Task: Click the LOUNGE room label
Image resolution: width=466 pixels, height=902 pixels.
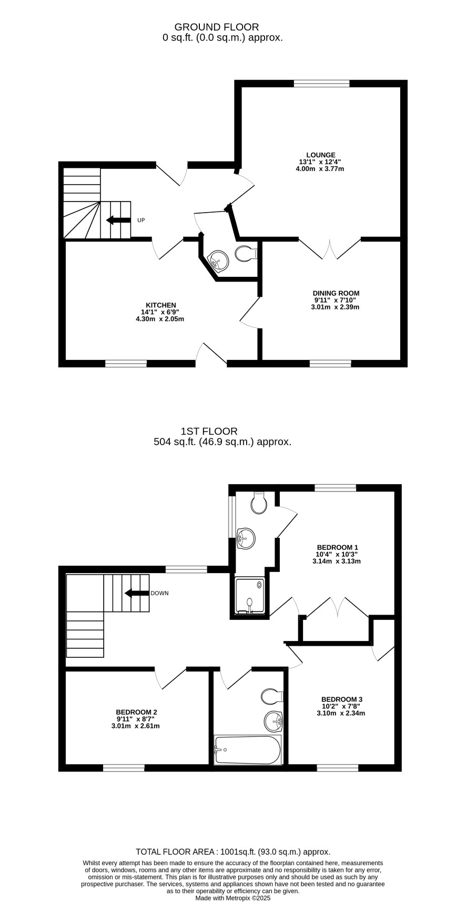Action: (320, 155)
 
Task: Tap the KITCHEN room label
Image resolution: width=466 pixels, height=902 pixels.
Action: (160, 305)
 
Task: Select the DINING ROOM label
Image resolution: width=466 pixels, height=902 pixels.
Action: (336, 293)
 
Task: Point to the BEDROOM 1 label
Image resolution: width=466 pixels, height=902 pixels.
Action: (337, 547)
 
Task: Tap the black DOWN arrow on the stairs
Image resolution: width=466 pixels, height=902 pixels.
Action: (137, 593)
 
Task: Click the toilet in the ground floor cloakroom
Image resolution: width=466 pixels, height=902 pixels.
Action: (246, 254)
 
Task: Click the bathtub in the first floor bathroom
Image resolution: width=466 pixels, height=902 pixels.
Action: (248, 750)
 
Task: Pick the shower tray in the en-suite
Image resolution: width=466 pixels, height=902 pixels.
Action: (250, 596)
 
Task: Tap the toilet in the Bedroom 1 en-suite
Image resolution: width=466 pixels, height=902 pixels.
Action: (258, 502)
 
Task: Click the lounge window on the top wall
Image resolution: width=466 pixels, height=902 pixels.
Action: (321, 83)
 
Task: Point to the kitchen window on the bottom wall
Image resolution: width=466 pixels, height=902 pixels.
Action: (126, 364)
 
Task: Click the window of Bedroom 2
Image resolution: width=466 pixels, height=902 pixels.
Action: (124, 768)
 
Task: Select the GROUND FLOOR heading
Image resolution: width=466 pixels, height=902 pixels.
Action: (217, 27)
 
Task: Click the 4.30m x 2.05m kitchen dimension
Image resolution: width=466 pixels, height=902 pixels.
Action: (160, 319)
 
